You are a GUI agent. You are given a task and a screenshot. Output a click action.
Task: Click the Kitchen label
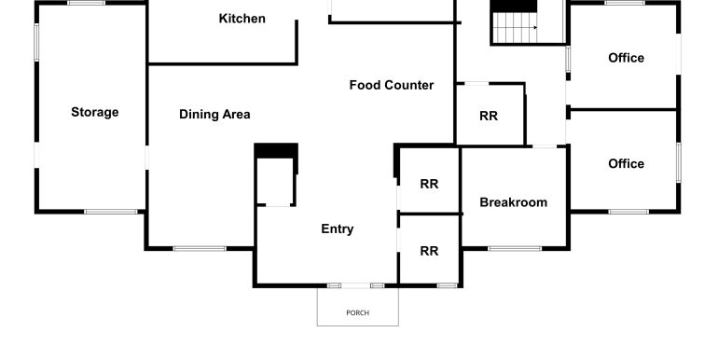pyautogui.click(x=242, y=19)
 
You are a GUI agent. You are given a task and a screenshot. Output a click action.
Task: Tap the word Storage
pyautogui.click(x=95, y=112)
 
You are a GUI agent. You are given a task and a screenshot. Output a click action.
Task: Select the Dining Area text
pyautogui.click(x=214, y=114)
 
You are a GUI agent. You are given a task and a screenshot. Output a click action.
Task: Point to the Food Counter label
pyautogui.click(x=392, y=85)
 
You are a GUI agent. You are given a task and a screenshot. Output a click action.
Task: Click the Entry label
pyautogui.click(x=337, y=229)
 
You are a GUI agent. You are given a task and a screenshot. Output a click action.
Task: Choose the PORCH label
pyautogui.click(x=358, y=312)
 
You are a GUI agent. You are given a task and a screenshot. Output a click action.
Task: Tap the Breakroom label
pyautogui.click(x=513, y=202)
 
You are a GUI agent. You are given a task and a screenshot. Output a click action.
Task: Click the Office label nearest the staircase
pyautogui.click(x=626, y=58)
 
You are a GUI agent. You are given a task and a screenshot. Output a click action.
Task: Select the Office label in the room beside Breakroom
pyautogui.click(x=626, y=163)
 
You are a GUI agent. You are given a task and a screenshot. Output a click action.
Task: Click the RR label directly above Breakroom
pyautogui.click(x=489, y=116)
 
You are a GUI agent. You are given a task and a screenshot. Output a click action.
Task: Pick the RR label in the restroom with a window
pyautogui.click(x=429, y=251)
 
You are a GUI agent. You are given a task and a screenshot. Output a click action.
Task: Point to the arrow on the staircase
pyautogui.click(x=515, y=28)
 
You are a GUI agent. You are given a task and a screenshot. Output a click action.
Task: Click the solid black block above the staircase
pyautogui.click(x=514, y=6)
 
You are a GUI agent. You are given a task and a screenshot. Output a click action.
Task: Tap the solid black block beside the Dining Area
pyautogui.click(x=276, y=151)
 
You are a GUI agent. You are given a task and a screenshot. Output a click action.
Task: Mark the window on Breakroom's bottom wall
pyautogui.click(x=515, y=249)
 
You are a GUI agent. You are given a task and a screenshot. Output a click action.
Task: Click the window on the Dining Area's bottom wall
pyautogui.click(x=200, y=249)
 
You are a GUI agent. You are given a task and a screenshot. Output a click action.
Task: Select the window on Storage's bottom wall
pyautogui.click(x=110, y=212)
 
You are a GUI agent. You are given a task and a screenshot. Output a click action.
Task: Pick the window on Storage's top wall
pyautogui.click(x=86, y=3)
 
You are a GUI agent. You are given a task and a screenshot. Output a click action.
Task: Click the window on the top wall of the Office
pyautogui.click(x=625, y=3)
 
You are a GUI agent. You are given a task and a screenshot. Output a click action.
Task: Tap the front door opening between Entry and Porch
pyautogui.click(x=356, y=285)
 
